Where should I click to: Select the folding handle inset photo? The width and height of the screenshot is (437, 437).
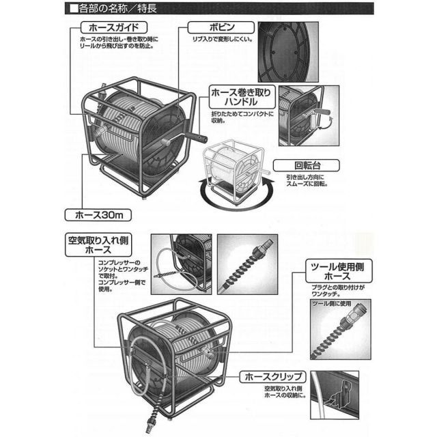(309, 116)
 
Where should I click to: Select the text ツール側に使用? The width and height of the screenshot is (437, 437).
(330, 302)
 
